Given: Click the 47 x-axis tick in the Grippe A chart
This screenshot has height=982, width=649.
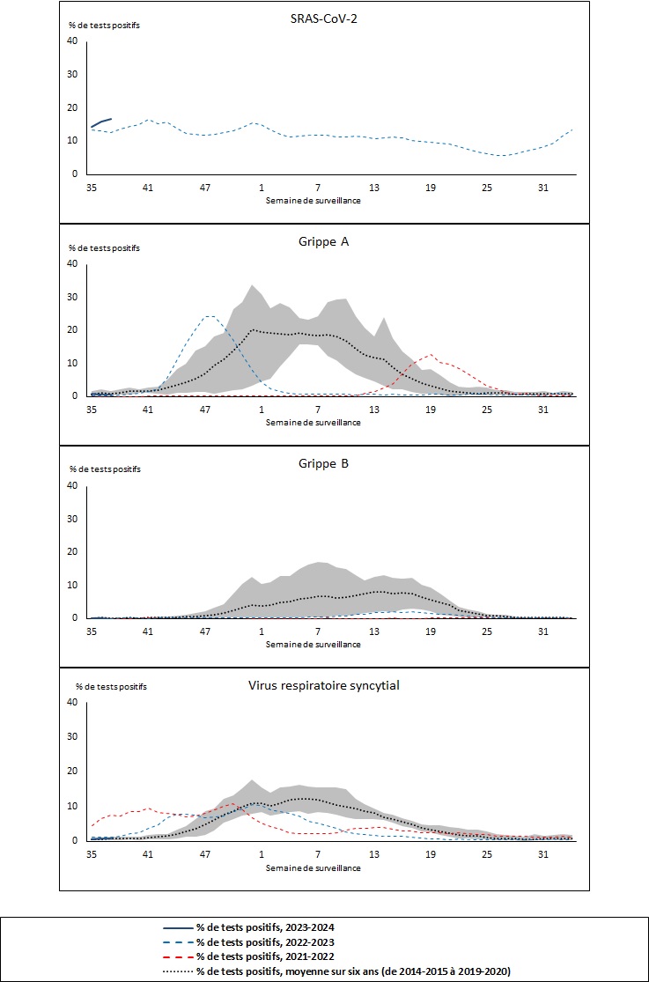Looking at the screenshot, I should pyautogui.click(x=205, y=410).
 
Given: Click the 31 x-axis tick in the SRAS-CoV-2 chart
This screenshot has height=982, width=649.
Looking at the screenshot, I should pyautogui.click(x=543, y=188).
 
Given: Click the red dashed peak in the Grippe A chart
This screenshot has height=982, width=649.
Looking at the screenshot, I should pyautogui.click(x=431, y=355).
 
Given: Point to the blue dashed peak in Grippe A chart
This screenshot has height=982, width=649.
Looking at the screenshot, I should pyautogui.click(x=209, y=316).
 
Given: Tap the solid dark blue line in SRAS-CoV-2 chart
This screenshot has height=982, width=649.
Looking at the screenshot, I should pyautogui.click(x=100, y=122).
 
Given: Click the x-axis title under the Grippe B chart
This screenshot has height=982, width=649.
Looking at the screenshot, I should pyautogui.click(x=313, y=644).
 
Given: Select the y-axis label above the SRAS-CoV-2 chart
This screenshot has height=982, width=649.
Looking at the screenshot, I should pyautogui.click(x=104, y=25).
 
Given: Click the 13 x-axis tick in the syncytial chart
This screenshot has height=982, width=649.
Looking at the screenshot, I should pyautogui.click(x=374, y=854).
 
